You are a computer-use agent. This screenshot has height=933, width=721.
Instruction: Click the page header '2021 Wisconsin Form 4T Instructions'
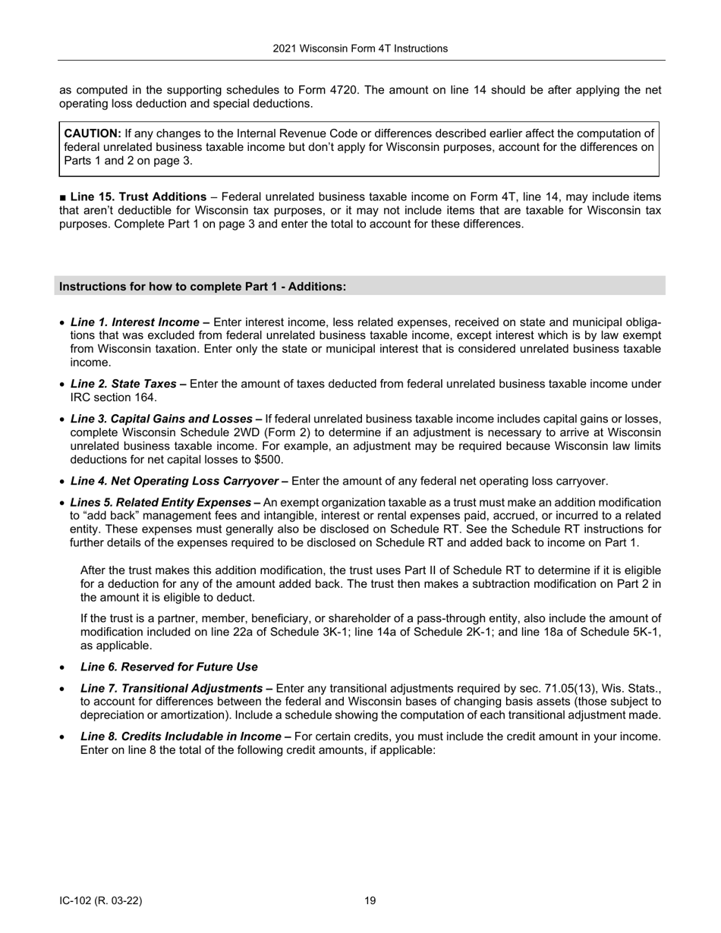[x=360, y=49]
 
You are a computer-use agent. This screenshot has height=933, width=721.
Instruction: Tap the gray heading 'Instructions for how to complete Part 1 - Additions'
[x=203, y=287]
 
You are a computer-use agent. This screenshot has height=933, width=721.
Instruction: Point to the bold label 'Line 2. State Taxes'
[x=128, y=385]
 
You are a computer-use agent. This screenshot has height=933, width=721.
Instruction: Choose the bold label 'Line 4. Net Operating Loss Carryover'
[x=178, y=481]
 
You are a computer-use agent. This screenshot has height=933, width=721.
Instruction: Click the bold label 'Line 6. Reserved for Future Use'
[x=168, y=667]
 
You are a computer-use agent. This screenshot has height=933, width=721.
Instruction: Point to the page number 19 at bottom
[x=370, y=901]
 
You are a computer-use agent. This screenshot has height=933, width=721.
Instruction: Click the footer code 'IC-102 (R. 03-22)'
[x=100, y=901]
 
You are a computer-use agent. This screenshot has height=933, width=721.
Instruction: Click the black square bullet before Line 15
[x=63, y=197]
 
